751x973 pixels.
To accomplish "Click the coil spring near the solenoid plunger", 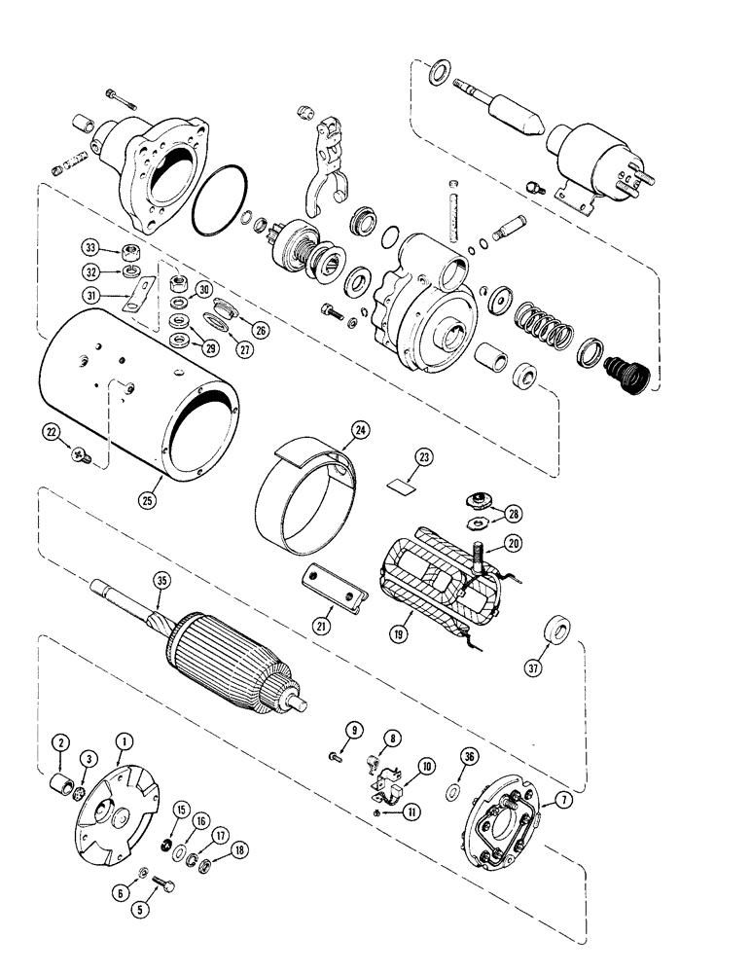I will (x=541, y=324).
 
